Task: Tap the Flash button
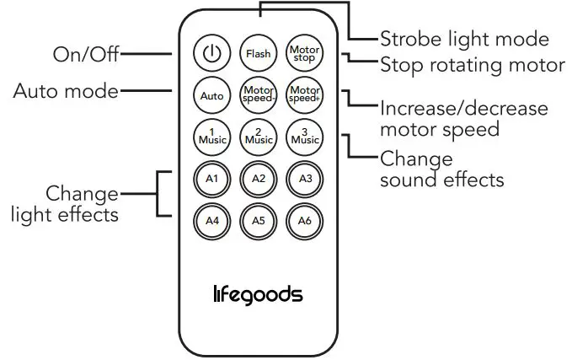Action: click(258, 54)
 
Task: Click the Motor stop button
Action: click(303, 54)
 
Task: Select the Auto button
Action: click(211, 95)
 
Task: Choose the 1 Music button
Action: click(211, 135)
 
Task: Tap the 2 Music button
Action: click(258, 135)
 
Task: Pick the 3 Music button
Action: click(303, 135)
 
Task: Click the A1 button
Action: click(211, 179)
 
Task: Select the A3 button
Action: click(304, 179)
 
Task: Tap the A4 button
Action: click(211, 221)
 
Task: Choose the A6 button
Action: click(304, 221)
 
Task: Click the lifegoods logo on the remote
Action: click(257, 294)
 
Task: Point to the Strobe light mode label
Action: click(464, 39)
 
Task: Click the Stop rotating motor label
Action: click(473, 65)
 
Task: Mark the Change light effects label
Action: click(65, 204)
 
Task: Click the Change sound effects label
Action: click(441, 169)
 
